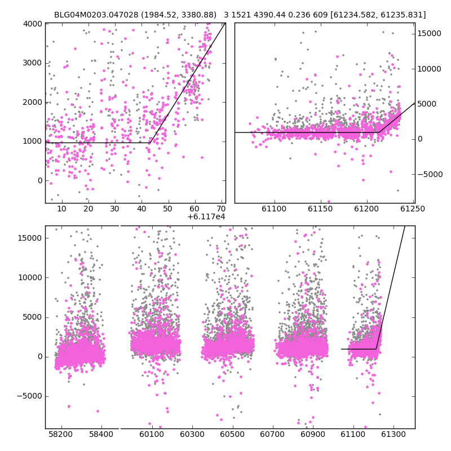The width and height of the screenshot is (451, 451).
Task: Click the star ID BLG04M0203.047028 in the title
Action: (96, 15)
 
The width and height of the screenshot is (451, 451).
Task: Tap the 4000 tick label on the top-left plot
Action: (33, 24)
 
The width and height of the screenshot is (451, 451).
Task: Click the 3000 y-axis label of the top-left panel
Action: (33, 63)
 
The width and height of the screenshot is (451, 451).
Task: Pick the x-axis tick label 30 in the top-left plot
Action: (115, 209)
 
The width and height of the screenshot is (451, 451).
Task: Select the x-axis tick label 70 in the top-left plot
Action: (221, 209)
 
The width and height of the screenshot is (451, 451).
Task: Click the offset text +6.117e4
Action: (206, 216)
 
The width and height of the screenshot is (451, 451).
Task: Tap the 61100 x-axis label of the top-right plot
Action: (274, 209)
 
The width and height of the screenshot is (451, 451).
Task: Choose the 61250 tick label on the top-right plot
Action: (413, 209)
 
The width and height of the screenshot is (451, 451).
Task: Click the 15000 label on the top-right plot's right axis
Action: (429, 34)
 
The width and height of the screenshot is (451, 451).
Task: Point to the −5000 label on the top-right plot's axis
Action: (429, 174)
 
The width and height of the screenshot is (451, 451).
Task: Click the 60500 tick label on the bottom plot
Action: (232, 434)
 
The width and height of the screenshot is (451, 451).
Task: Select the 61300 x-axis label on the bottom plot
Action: (393, 434)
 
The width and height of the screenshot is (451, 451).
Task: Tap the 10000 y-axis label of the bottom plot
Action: (30, 277)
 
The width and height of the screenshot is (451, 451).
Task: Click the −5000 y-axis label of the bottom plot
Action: (29, 396)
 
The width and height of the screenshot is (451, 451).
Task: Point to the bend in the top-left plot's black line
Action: (150, 143)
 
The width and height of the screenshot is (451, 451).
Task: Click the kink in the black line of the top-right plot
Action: (379, 132)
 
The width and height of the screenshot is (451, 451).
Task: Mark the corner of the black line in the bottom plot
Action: (376, 349)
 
